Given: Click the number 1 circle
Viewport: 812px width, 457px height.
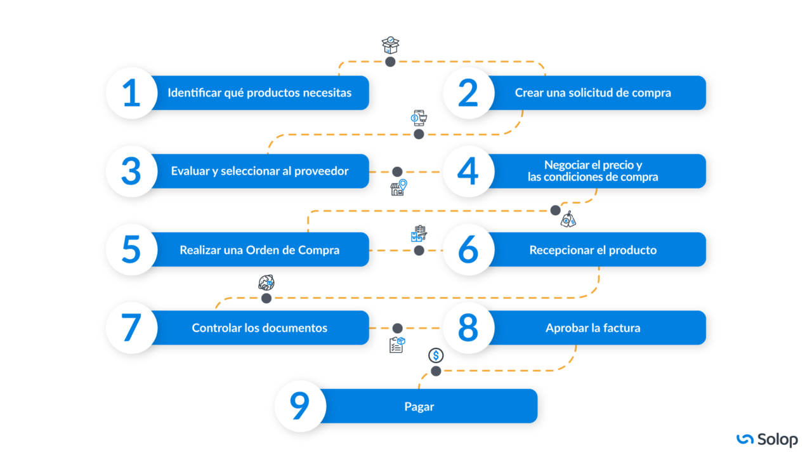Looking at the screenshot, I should pyautogui.click(x=131, y=93).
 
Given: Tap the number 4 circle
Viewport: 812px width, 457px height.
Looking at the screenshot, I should pyautogui.click(x=468, y=171).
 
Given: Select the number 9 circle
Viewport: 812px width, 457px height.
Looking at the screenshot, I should pyautogui.click(x=300, y=406).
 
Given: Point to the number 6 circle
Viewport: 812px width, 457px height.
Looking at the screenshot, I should pyautogui.click(x=468, y=250).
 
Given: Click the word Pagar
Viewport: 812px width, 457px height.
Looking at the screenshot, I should pyautogui.click(x=419, y=406).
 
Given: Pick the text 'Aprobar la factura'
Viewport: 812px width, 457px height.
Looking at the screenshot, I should pyautogui.click(x=593, y=328).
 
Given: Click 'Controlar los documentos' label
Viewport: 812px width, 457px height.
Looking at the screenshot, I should pyautogui.click(x=259, y=328).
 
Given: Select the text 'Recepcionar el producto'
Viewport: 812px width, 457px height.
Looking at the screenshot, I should pyautogui.click(x=593, y=250).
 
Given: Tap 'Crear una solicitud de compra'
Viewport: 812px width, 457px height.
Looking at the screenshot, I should pyautogui.click(x=593, y=93).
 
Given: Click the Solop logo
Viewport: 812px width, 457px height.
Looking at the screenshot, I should pyautogui.click(x=767, y=439).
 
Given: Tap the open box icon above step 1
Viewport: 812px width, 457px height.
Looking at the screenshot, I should pyautogui.click(x=390, y=45).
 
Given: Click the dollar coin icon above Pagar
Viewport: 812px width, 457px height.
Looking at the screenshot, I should pyautogui.click(x=436, y=355).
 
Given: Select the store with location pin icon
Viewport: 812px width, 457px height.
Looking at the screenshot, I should pyautogui.click(x=398, y=188).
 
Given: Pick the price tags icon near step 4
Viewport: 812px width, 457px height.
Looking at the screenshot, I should pyautogui.click(x=568, y=219).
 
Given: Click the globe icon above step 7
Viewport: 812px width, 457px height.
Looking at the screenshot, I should pyautogui.click(x=266, y=283).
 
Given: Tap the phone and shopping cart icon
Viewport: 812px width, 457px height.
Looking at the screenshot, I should pyautogui.click(x=419, y=118).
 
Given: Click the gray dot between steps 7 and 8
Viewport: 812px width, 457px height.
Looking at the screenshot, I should pyautogui.click(x=397, y=328).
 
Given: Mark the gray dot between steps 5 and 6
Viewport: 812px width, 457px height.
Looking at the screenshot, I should pyautogui.click(x=419, y=250).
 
